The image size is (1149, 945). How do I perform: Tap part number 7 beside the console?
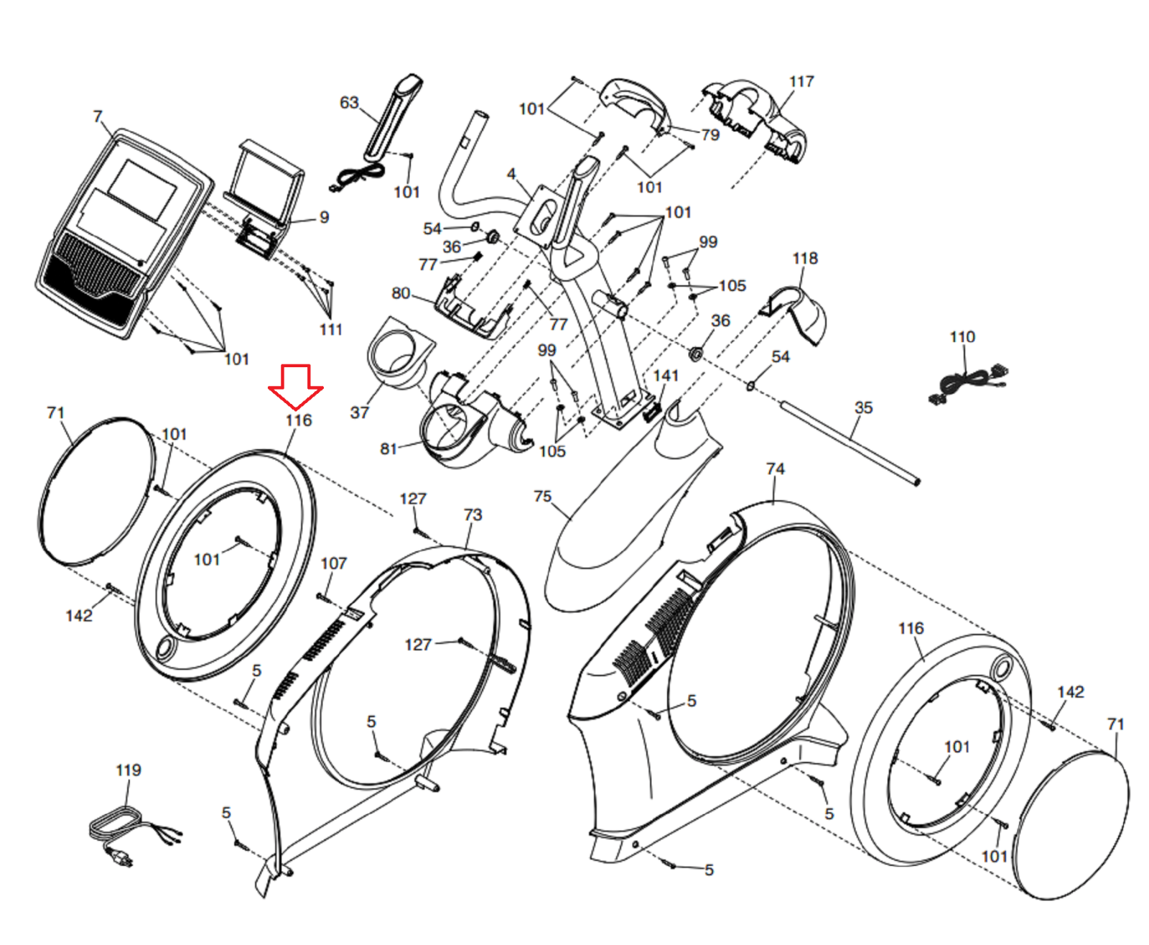pos(98,116)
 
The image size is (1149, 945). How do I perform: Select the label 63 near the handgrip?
pos(349,103)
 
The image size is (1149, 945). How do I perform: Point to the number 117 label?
pos(801,81)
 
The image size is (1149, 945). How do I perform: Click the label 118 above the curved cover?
pos(805,258)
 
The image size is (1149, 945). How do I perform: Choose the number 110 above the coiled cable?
pos(962,336)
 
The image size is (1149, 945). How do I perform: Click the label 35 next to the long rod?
pos(863,407)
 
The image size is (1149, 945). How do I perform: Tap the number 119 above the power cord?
pos(129,770)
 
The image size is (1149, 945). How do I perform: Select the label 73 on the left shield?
pos(473,515)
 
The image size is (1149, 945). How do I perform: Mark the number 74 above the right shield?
pos(776,469)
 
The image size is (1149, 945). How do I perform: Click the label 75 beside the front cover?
pos(543,497)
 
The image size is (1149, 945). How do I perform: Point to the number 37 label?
pos(360,412)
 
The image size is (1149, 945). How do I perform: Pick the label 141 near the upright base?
pos(666,375)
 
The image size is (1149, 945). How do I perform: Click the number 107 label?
pos(334,563)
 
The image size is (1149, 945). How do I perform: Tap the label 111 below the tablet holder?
pos(331,329)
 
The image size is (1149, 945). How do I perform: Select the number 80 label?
pos(401,292)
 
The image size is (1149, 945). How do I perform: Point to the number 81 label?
pos(388,448)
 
